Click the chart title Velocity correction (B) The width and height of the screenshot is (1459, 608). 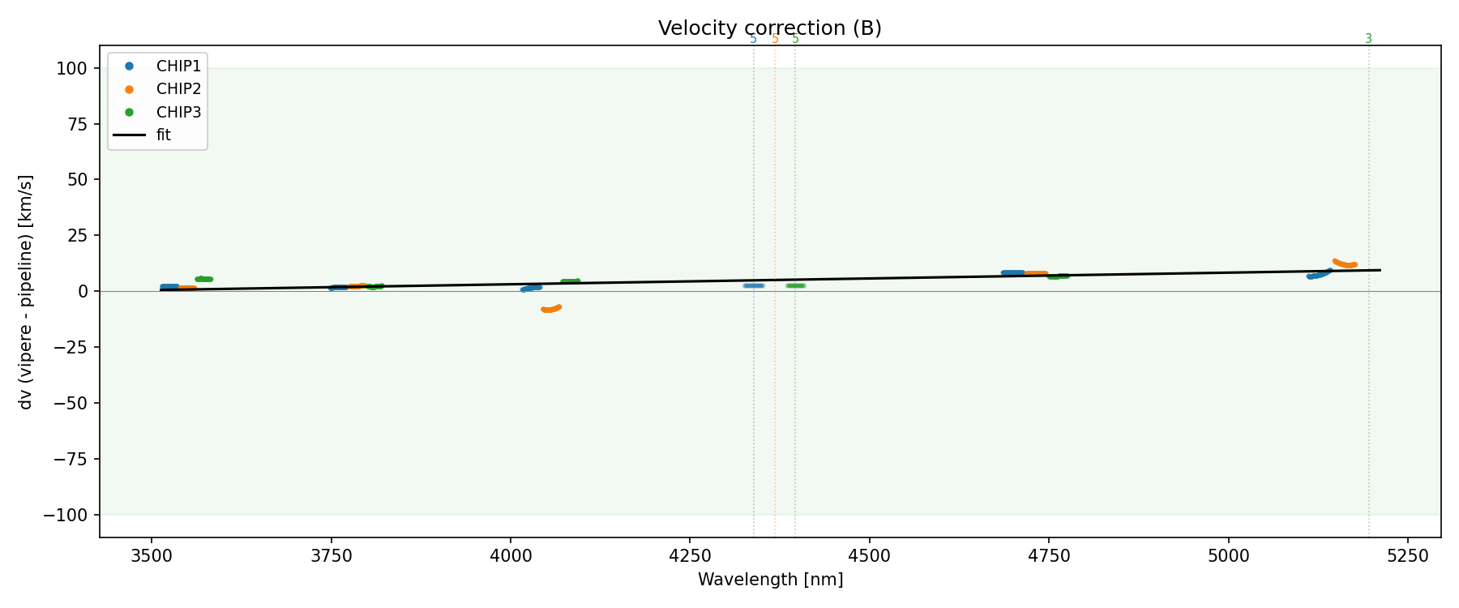coord(769,28)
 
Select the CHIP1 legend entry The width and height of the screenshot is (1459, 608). coord(178,66)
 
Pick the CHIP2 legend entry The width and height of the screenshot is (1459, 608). coord(178,89)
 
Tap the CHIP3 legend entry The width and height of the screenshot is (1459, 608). coord(178,112)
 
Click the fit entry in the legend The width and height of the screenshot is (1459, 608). coord(163,135)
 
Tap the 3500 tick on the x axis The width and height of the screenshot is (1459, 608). coord(151,555)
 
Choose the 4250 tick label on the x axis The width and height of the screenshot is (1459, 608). coord(689,555)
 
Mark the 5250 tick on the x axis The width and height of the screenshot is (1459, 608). coord(1407,555)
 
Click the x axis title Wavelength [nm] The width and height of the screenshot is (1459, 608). coord(770,580)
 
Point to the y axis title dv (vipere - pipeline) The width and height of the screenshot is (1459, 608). coord(26,292)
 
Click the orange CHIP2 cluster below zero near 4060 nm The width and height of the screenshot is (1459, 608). coord(550,309)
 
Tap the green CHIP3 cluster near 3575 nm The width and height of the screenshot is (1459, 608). coord(203,279)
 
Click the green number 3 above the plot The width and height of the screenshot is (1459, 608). coord(1368,39)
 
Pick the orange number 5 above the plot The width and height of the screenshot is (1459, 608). coord(775,39)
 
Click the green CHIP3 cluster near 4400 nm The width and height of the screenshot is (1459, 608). coord(795,285)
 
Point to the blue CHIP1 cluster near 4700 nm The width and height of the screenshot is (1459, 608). coord(1012,272)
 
